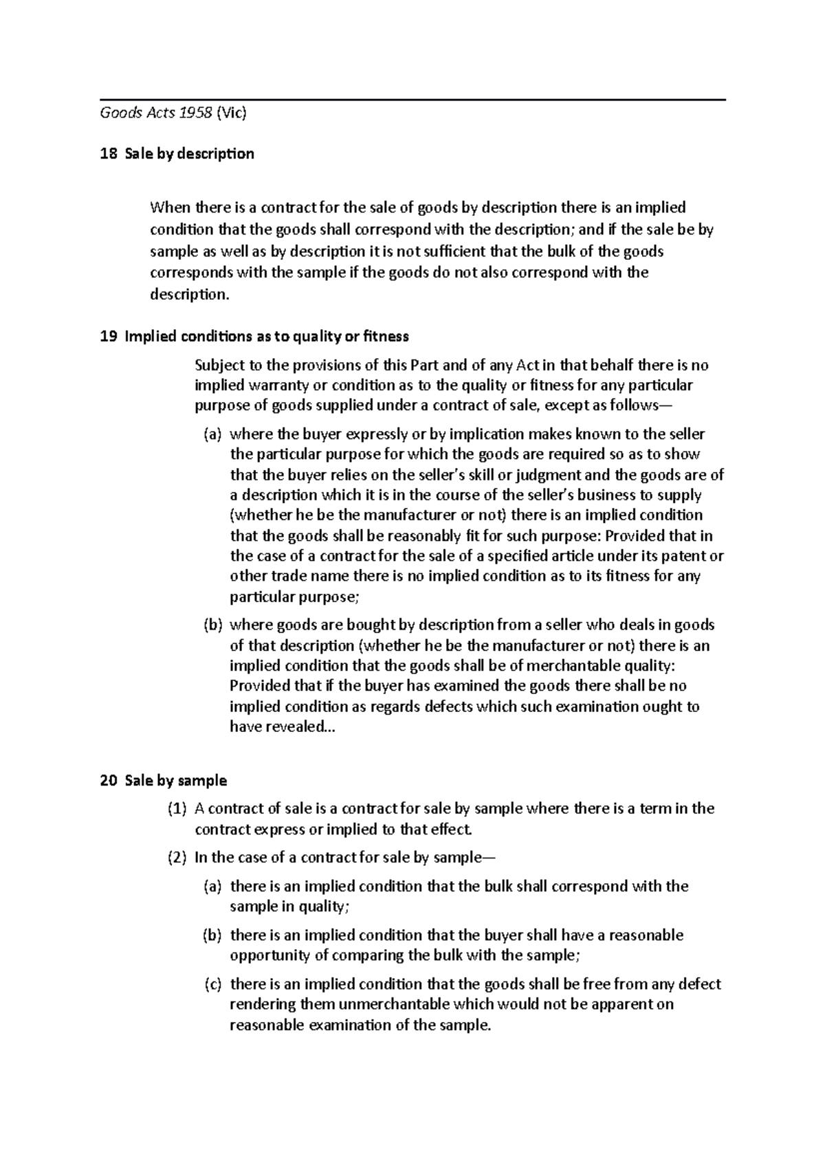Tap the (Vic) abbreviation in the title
231,113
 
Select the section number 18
108,153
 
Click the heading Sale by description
189,153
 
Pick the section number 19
108,336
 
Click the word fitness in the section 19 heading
386,336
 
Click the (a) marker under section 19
212,434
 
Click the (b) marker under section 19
212,625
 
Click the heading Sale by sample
175,781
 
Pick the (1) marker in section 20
177,809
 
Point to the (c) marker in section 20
213,984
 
